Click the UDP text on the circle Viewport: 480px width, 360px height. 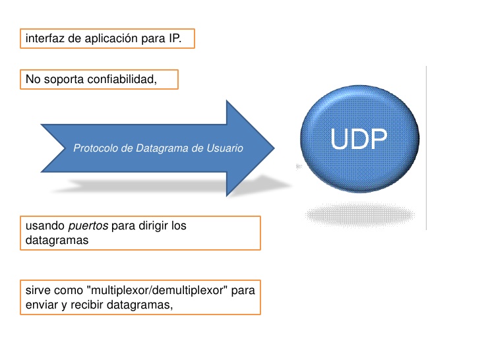click(359, 140)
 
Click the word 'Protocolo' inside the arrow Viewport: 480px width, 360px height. click(96, 148)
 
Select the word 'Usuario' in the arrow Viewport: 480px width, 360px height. click(224, 148)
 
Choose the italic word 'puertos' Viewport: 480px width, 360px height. click(88, 226)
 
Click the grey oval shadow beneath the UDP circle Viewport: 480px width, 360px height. click(360, 214)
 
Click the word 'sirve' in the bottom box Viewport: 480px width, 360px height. click(38, 290)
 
